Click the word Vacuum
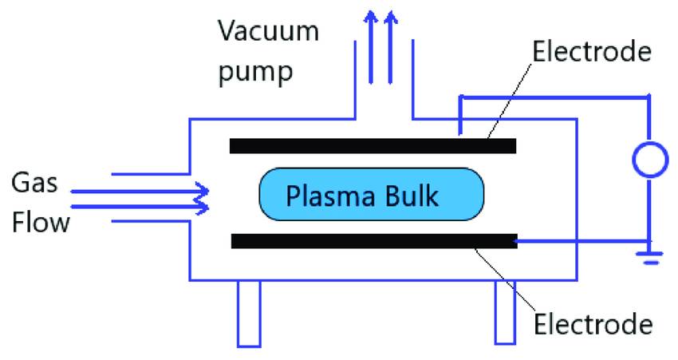[x=268, y=33]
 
